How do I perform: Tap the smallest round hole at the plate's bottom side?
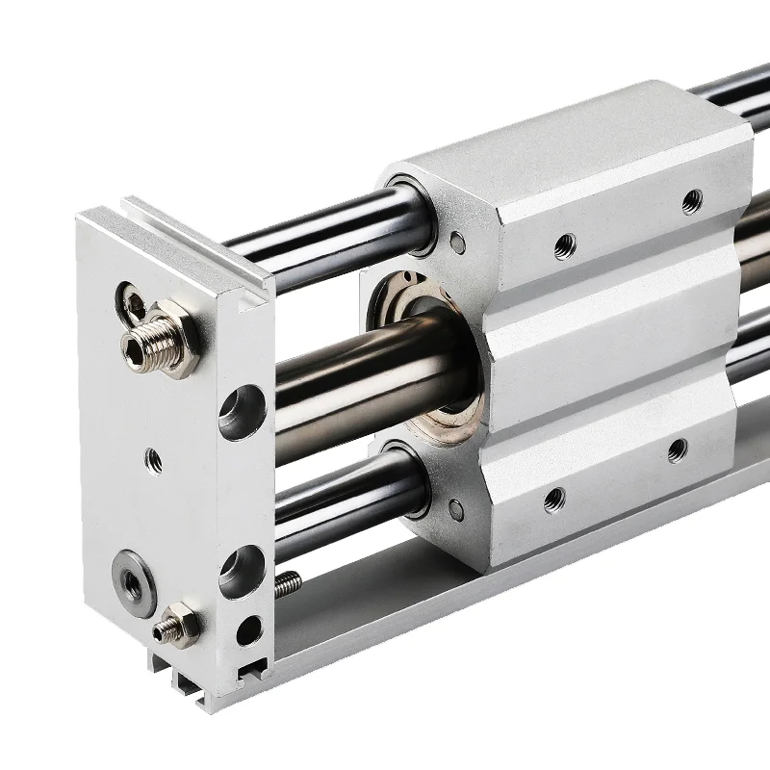pos(247,630)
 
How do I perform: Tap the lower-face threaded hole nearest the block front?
pos(553,499)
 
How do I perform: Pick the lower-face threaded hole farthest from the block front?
pos(678,449)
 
